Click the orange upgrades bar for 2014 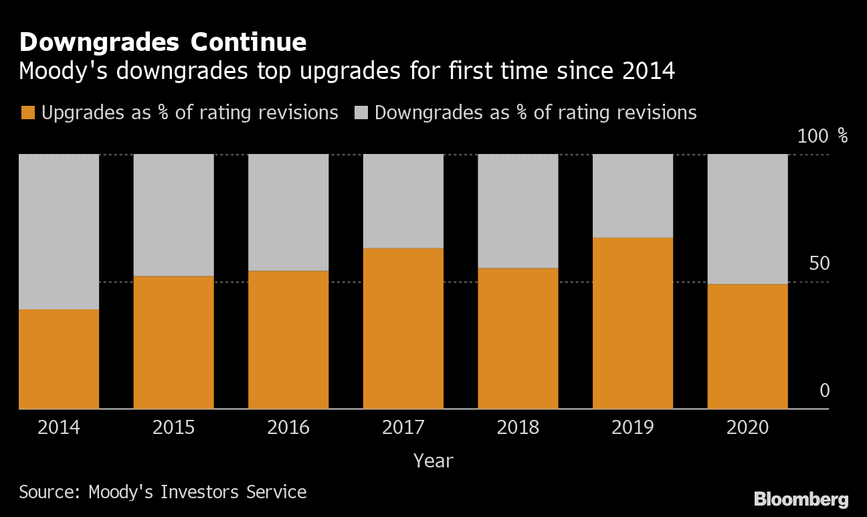[59, 358]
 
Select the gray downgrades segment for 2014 [59, 231]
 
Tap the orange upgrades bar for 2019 [633, 323]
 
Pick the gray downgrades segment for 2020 [747, 219]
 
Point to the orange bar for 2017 [403, 328]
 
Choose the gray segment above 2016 [288, 212]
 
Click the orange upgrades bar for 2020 [747, 346]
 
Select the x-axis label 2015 [174, 427]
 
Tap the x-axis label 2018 [518, 427]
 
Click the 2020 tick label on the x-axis [747, 427]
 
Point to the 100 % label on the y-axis [822, 137]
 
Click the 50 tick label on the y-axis [819, 264]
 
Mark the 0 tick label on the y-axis [824, 390]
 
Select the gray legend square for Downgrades [360, 113]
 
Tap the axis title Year [433, 461]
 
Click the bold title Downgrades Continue [163, 42]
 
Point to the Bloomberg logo [801, 499]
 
